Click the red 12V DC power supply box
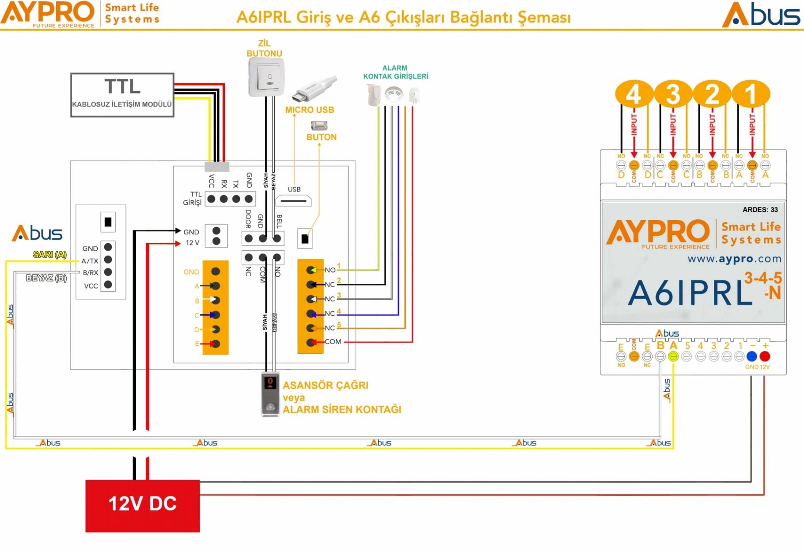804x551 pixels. [x=142, y=505]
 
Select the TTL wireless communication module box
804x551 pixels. [x=122, y=95]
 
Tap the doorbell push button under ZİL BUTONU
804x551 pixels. [x=266, y=78]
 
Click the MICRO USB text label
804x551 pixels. [x=309, y=110]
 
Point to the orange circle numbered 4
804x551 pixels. [x=633, y=94]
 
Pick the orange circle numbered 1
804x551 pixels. [x=751, y=94]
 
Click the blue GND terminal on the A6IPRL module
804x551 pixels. [x=751, y=356]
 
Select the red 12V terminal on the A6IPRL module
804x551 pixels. [x=765, y=356]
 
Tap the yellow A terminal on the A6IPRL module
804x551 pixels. [x=673, y=356]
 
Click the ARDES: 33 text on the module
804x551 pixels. [x=760, y=210]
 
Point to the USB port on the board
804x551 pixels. [x=293, y=201]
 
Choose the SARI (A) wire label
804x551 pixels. [x=50, y=254]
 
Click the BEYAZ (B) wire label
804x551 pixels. [x=46, y=278]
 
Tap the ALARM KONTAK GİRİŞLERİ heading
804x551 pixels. [x=395, y=72]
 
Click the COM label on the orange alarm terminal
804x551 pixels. [x=333, y=341]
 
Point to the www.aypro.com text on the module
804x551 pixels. [x=734, y=259]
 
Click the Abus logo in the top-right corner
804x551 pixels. [x=761, y=15]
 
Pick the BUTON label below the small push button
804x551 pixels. [x=322, y=137]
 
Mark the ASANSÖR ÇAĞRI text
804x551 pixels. [x=326, y=385]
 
